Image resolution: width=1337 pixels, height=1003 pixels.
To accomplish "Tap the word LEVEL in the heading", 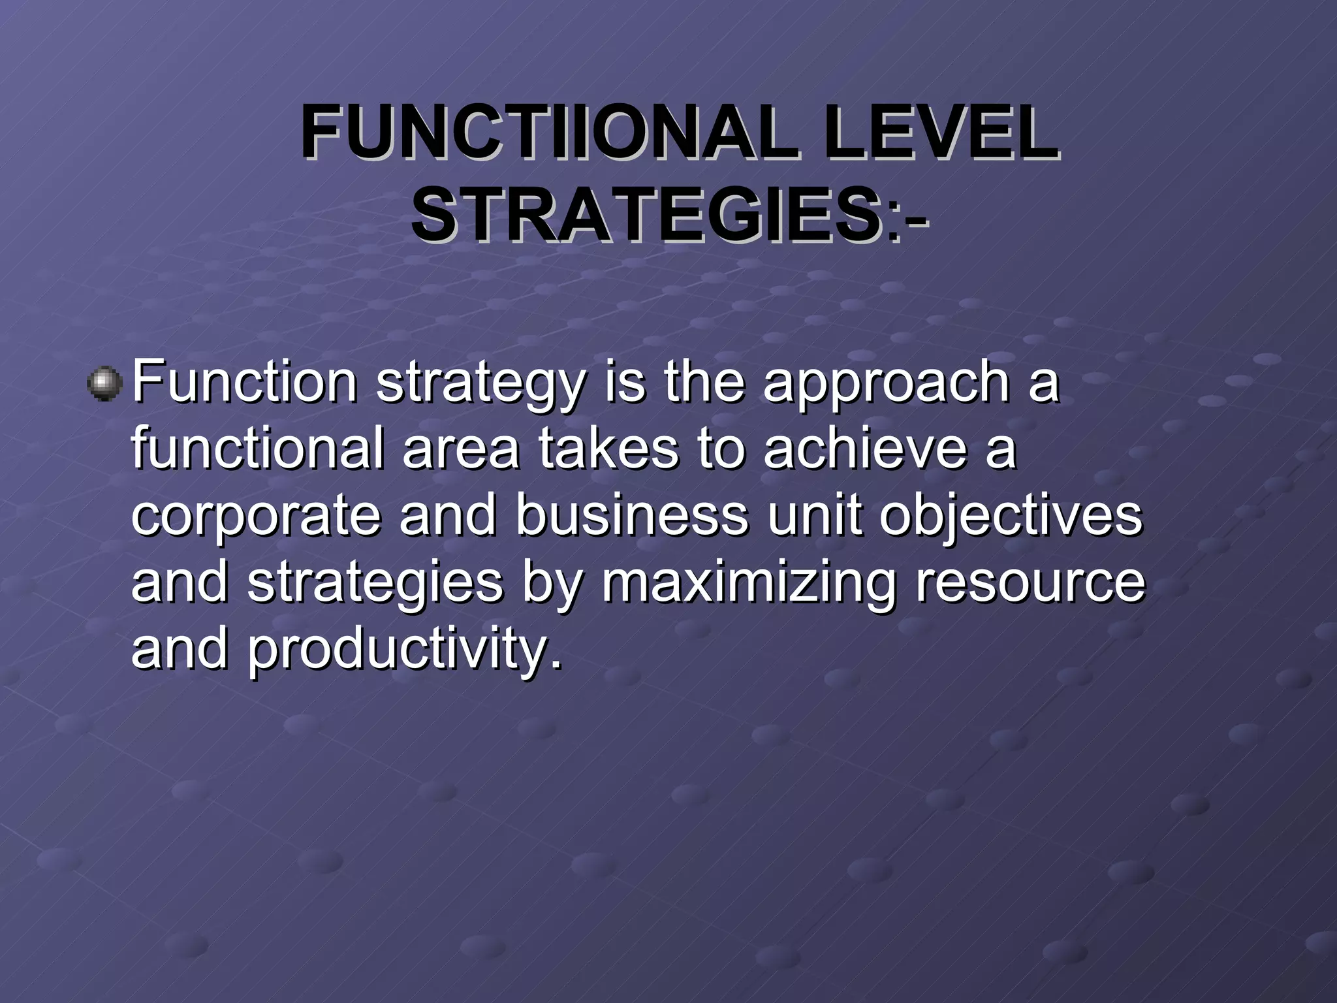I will coord(940,136).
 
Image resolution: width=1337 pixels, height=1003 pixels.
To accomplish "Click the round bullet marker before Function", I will coord(104,384).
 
